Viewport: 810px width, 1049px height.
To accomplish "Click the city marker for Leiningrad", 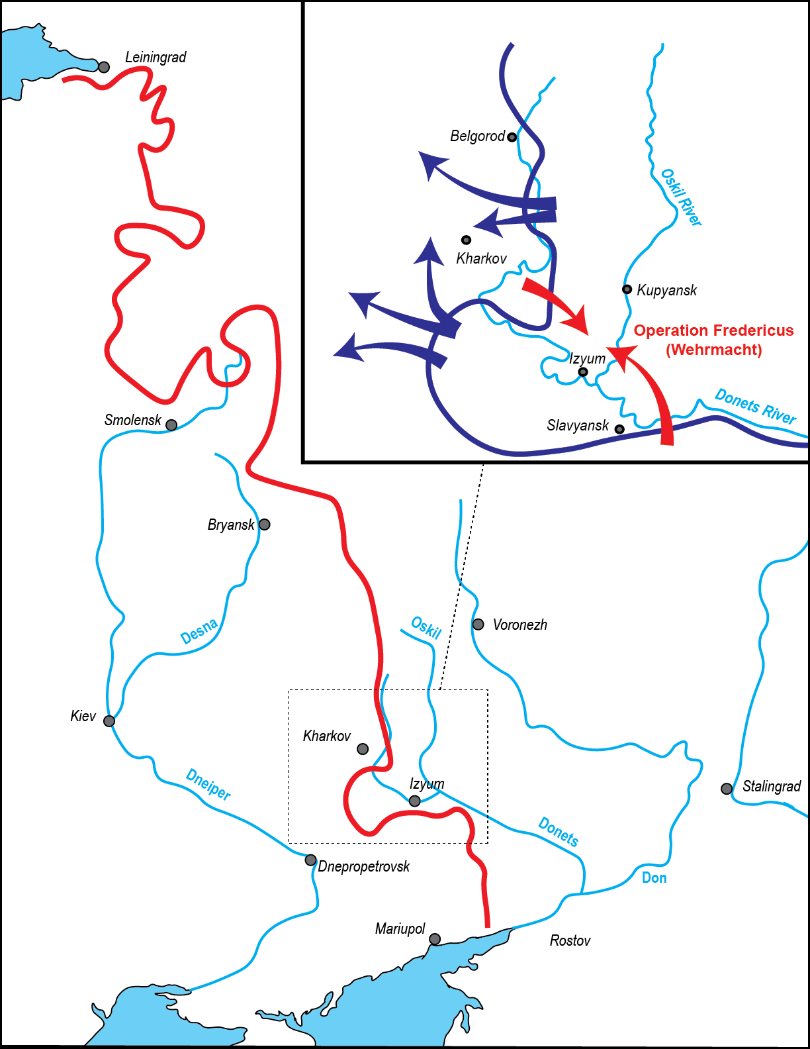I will click(x=104, y=67).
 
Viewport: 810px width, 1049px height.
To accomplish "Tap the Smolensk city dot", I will click(x=171, y=425).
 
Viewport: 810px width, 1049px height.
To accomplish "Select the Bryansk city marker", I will click(x=265, y=524).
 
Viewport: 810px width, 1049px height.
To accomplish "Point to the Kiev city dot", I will click(x=109, y=721).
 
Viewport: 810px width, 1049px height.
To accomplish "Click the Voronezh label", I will click(x=519, y=624).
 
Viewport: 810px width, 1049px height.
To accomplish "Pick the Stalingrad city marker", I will click(x=727, y=789).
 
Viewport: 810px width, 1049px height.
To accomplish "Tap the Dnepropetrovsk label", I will click(x=364, y=866).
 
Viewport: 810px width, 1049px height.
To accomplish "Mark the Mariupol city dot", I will click(x=435, y=939).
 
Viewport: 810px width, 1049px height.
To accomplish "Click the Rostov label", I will click(x=570, y=940).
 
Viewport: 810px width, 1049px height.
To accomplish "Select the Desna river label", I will click(x=199, y=631).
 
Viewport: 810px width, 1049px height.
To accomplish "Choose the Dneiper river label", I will click(x=208, y=784).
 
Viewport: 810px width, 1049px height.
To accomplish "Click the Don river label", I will click(x=654, y=877).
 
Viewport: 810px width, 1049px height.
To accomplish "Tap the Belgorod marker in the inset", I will click(x=512, y=137).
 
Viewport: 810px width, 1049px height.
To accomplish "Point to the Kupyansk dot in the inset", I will click(x=627, y=289).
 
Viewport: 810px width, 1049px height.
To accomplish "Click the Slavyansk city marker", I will click(x=619, y=429).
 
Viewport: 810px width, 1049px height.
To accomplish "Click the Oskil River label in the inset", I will click(x=681, y=197).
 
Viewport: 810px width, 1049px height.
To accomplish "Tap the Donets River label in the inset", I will click(x=755, y=406).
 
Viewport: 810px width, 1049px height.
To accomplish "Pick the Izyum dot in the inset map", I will click(x=583, y=372).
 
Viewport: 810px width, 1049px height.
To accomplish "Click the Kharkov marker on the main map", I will click(x=363, y=749).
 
